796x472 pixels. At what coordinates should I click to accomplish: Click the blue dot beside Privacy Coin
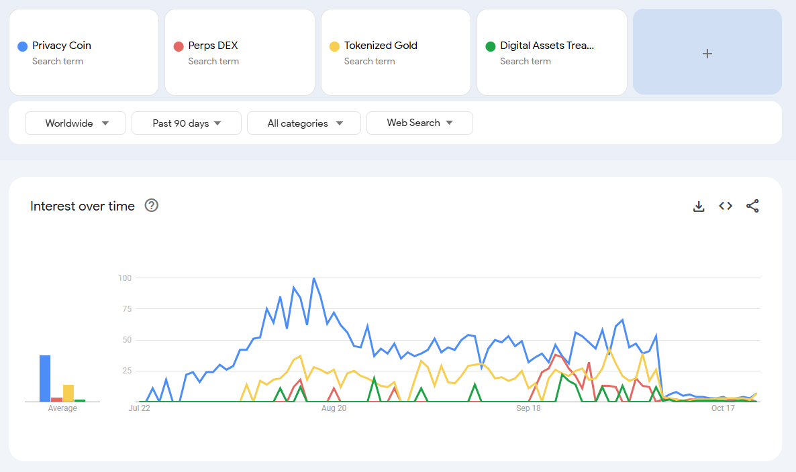tap(23, 46)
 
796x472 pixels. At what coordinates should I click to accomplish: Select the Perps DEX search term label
tap(213, 46)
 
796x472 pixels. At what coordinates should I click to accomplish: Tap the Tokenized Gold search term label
tap(381, 46)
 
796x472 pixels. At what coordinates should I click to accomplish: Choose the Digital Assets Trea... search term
tap(547, 46)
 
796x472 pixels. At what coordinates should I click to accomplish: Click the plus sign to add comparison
tap(707, 54)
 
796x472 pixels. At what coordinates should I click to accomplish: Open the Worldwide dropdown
tap(76, 123)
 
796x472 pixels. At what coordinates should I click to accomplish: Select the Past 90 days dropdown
tap(187, 123)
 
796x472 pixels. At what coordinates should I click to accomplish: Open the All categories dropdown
tap(304, 123)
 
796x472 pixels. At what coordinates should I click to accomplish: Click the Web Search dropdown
tap(419, 123)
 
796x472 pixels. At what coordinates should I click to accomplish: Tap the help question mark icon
tap(152, 206)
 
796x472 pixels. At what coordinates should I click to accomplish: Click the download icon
tap(699, 206)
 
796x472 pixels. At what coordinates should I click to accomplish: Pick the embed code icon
tap(726, 206)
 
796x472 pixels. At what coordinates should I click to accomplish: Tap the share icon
tap(752, 206)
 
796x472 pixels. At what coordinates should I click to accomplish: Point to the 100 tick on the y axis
tap(124, 278)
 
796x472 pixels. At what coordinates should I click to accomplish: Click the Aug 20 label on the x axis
tap(334, 408)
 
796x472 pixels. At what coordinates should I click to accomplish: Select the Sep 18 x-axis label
tap(528, 408)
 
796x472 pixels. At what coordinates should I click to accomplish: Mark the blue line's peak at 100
tap(313, 278)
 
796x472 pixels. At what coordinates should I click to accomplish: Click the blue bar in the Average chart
tap(45, 378)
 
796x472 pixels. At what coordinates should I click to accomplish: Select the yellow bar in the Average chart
tap(68, 393)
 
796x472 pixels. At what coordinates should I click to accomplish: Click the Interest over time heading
tap(83, 206)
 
